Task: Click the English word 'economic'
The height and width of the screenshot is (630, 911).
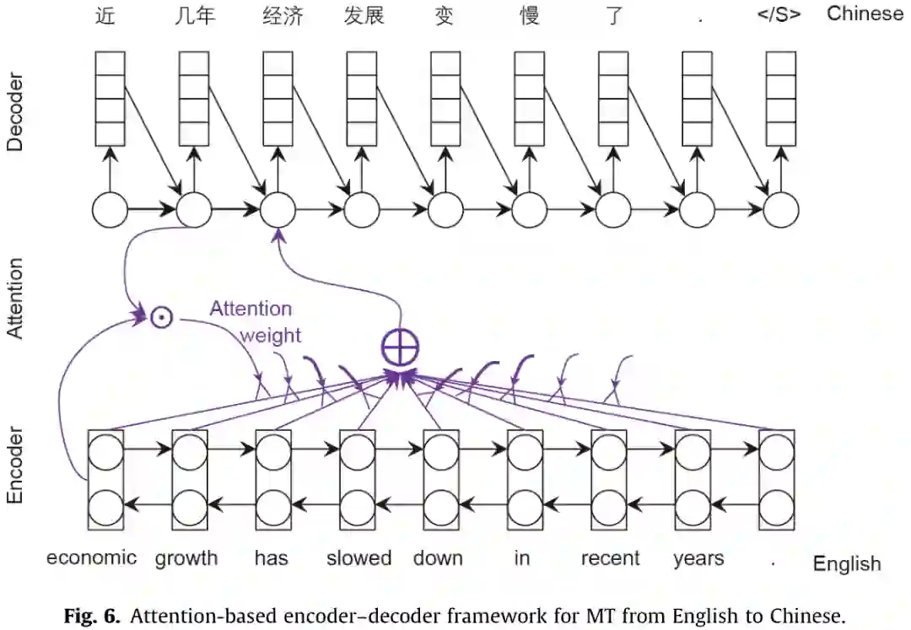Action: [91, 557]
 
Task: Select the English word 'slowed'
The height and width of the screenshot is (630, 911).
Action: [358, 557]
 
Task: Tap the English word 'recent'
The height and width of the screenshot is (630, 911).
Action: [611, 557]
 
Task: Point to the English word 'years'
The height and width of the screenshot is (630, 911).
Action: [698, 557]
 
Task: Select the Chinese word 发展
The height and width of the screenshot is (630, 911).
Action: [364, 16]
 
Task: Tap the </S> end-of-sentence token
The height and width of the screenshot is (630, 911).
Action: [779, 14]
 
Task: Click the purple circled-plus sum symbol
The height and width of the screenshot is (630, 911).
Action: [399, 346]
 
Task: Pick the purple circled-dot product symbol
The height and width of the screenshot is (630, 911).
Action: [161, 318]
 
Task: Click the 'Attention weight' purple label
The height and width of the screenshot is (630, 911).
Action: [253, 321]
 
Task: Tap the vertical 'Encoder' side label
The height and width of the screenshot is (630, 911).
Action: [15, 466]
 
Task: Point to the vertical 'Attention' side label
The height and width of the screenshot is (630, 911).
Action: [15, 299]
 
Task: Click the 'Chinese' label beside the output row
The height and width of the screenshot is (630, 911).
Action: [865, 13]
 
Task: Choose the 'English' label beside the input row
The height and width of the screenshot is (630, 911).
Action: [847, 563]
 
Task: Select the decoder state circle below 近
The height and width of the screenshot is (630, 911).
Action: [110, 210]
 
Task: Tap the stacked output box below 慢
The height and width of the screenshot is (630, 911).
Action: [530, 98]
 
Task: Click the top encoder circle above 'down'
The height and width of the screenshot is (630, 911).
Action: [441, 453]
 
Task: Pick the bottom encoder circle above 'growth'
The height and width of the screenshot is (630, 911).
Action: [190, 509]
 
